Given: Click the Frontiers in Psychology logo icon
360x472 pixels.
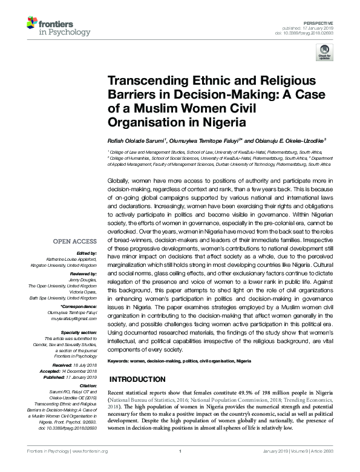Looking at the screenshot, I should (31, 25).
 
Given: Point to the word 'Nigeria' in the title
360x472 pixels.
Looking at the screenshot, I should (224, 121).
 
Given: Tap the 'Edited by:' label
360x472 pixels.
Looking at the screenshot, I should (87, 235).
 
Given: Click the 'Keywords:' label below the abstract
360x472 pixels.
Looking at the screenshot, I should (120, 360).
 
